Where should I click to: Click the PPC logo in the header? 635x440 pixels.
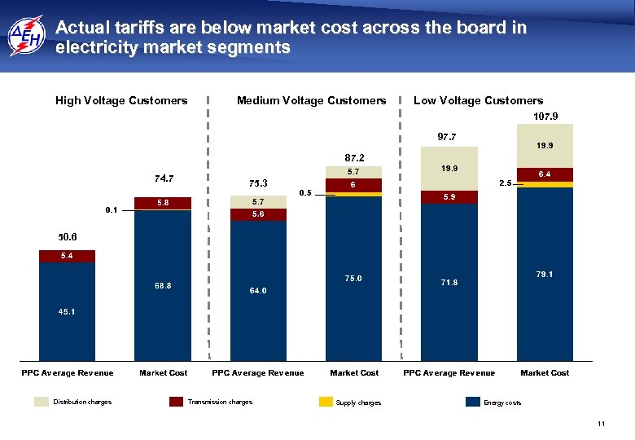click(26, 37)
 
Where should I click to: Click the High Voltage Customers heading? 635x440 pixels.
click(121, 101)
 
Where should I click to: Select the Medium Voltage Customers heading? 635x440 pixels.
click(311, 101)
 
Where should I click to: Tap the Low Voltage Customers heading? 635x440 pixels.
click(478, 101)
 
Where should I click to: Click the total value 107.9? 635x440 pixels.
click(545, 117)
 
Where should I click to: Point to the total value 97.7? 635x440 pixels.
click(448, 136)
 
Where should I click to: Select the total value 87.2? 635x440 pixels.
click(354, 157)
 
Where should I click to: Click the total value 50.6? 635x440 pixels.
click(67, 237)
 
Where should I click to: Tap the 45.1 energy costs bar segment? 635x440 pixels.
click(67, 312)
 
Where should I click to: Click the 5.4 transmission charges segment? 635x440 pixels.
click(67, 256)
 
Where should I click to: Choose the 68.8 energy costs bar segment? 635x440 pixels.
click(163, 286)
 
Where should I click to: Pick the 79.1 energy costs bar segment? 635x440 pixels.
click(545, 275)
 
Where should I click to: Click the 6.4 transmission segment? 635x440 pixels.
click(545, 174)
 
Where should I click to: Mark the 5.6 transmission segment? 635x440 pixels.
click(258, 214)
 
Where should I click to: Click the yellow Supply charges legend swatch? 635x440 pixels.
click(326, 402)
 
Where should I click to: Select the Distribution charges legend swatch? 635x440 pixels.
click(42, 402)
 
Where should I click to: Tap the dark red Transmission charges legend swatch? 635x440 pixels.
click(177, 402)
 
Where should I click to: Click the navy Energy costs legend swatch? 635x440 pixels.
click(473, 402)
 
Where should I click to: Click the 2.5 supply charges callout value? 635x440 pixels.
click(505, 184)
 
